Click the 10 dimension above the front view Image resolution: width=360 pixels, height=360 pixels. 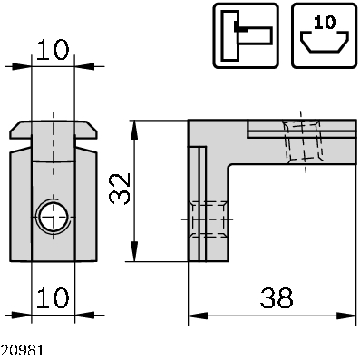(x=54, y=50)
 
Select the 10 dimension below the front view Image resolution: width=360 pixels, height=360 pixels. (x=54, y=297)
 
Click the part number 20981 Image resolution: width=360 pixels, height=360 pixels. (x=19, y=348)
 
